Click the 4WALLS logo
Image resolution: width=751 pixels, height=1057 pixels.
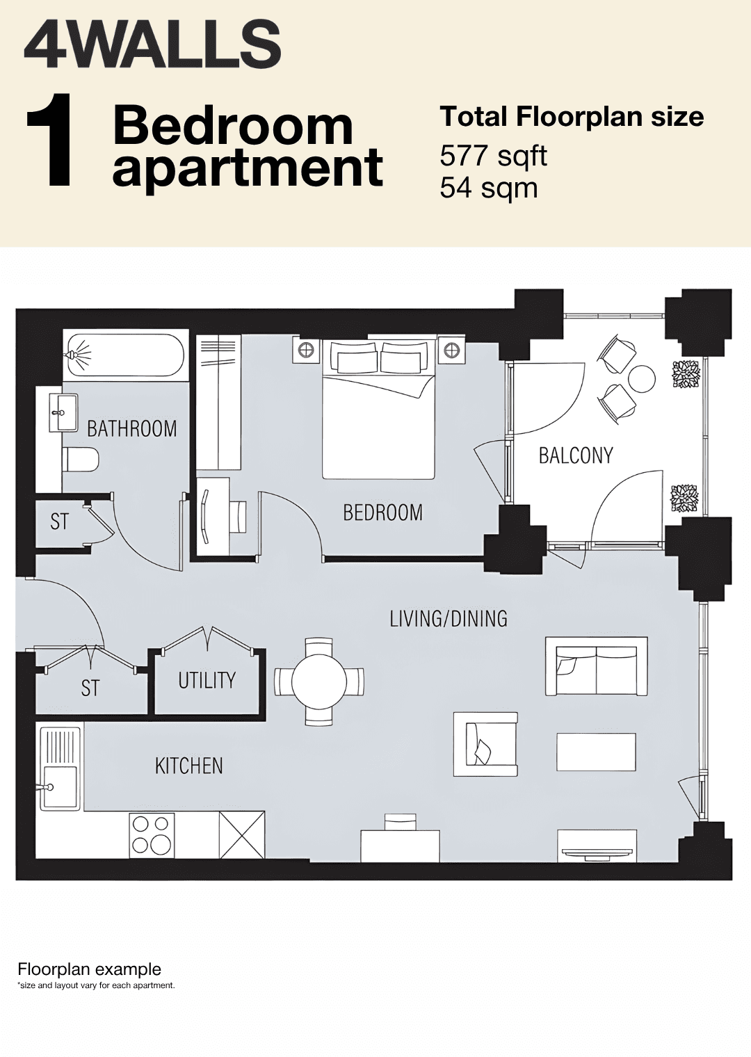[x=152, y=44]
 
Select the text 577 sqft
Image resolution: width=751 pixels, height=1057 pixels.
[x=493, y=156]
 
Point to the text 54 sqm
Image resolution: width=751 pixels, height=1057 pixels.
[x=489, y=188]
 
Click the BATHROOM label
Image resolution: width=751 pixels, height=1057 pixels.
[x=131, y=428]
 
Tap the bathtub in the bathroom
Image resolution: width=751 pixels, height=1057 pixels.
[x=125, y=355]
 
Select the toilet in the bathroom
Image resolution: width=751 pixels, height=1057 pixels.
[x=81, y=459]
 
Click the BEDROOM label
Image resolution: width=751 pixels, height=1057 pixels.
[x=382, y=513]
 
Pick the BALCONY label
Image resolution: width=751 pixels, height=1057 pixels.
[x=576, y=456]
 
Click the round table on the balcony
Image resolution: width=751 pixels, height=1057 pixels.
[x=642, y=379]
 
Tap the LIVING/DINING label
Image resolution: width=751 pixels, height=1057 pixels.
[x=449, y=619]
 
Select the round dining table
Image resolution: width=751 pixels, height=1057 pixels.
[x=319, y=681]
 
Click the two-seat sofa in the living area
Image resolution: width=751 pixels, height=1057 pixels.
[x=597, y=667]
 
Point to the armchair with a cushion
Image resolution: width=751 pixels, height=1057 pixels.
[x=485, y=744]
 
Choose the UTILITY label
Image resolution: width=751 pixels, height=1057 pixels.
[x=207, y=680]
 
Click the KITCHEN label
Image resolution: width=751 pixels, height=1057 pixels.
[x=189, y=766]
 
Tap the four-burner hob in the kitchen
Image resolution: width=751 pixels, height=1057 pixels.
[x=152, y=834]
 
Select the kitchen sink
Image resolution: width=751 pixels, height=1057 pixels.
[x=60, y=786]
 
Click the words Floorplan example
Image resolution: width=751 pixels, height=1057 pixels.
[x=89, y=969]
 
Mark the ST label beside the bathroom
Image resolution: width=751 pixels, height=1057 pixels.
[x=60, y=522]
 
